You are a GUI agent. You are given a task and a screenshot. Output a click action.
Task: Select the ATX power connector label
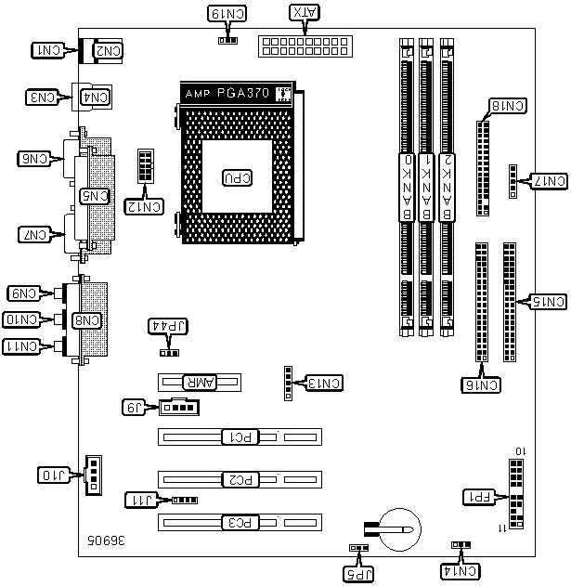[304, 13]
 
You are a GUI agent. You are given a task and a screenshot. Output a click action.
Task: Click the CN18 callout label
[507, 106]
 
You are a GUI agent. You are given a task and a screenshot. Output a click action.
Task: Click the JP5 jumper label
[357, 574]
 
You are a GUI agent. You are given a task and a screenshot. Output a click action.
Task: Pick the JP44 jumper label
[169, 326]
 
